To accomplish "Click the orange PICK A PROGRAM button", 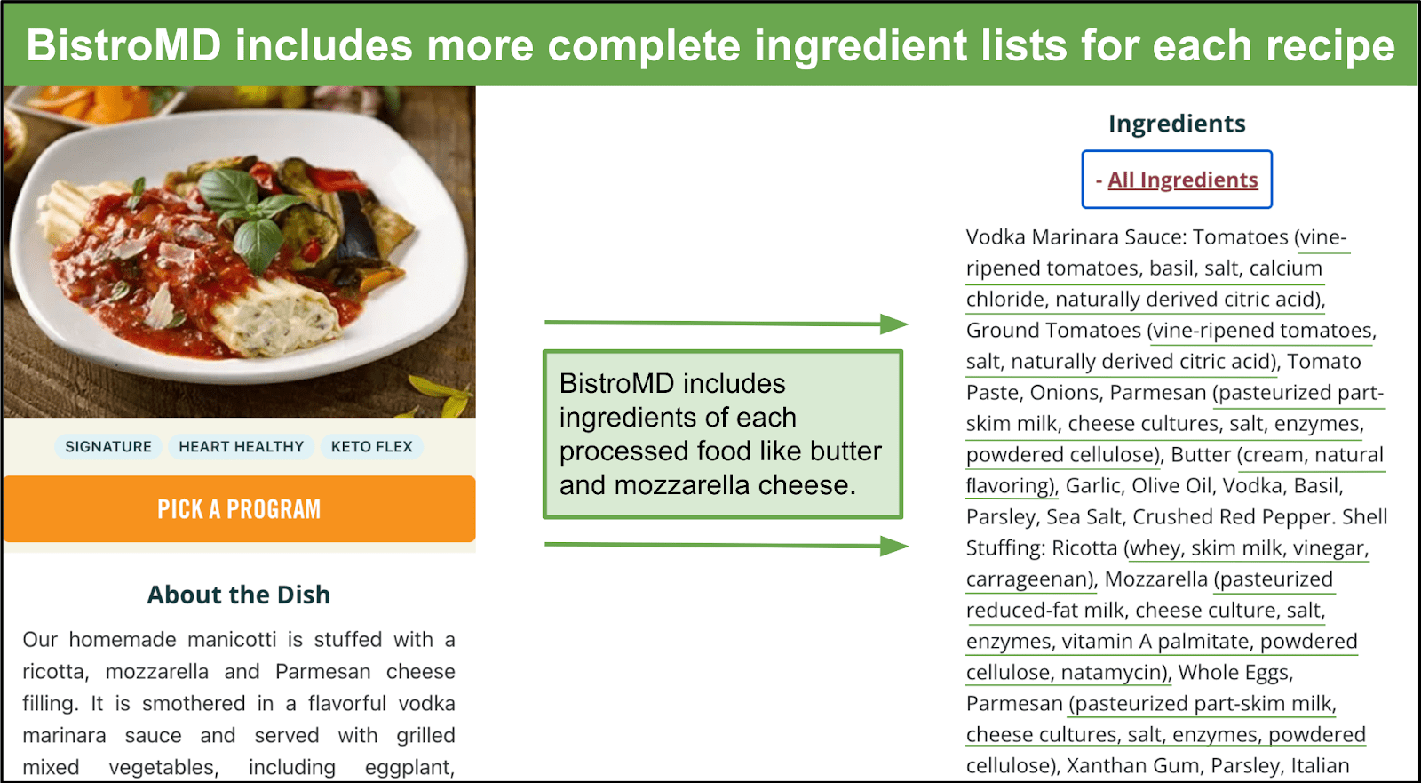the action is [239, 508].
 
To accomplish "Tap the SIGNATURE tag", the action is [108, 446].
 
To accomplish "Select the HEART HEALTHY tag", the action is [241, 446].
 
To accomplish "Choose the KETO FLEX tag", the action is [372, 446].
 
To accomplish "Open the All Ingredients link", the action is [1182, 180].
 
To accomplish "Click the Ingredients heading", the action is [1177, 124].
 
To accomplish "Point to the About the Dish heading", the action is [239, 595].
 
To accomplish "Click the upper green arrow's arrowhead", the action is [894, 324].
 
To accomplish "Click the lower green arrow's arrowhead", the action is [894, 546].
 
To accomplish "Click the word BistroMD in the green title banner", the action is [123, 45].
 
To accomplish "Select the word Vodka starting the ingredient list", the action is [996, 237].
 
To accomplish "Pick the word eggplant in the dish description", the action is [409, 768].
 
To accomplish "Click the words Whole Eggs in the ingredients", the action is [1234, 673].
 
